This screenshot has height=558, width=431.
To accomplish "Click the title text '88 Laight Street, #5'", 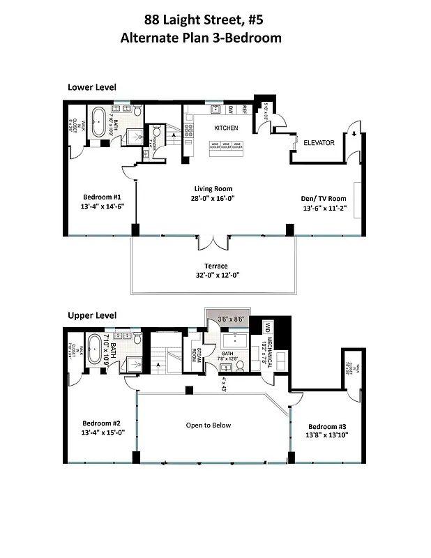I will click(201, 20).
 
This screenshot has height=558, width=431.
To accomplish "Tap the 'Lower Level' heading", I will click(91, 87).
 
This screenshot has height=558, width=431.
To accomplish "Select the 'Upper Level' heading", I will click(91, 315).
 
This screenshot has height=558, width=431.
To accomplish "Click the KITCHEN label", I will click(226, 128).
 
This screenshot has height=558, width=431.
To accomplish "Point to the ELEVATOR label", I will click(319, 143).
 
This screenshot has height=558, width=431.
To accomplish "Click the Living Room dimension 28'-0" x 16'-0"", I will click(213, 198).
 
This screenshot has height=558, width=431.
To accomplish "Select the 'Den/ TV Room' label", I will click(324, 198).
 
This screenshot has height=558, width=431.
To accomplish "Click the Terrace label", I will click(215, 266).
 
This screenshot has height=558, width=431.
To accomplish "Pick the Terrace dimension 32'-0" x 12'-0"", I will click(215, 276).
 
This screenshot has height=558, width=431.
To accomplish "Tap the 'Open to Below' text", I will click(208, 425).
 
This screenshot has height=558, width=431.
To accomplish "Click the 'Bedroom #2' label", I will click(102, 423).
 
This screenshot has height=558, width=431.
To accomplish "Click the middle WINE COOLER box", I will click(226, 146).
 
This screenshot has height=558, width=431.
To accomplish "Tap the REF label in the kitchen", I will click(245, 110).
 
